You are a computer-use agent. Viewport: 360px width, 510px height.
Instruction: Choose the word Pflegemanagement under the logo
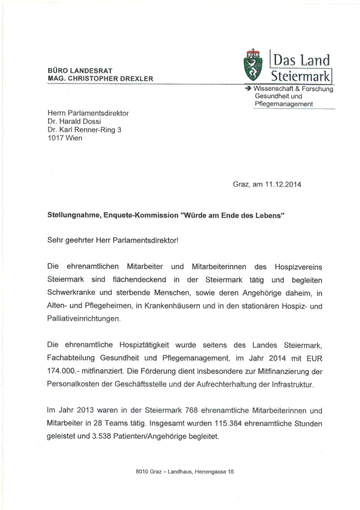point(284,104)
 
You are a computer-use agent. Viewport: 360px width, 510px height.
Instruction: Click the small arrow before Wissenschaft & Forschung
point(248,88)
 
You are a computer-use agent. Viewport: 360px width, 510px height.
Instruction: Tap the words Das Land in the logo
point(300,60)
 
